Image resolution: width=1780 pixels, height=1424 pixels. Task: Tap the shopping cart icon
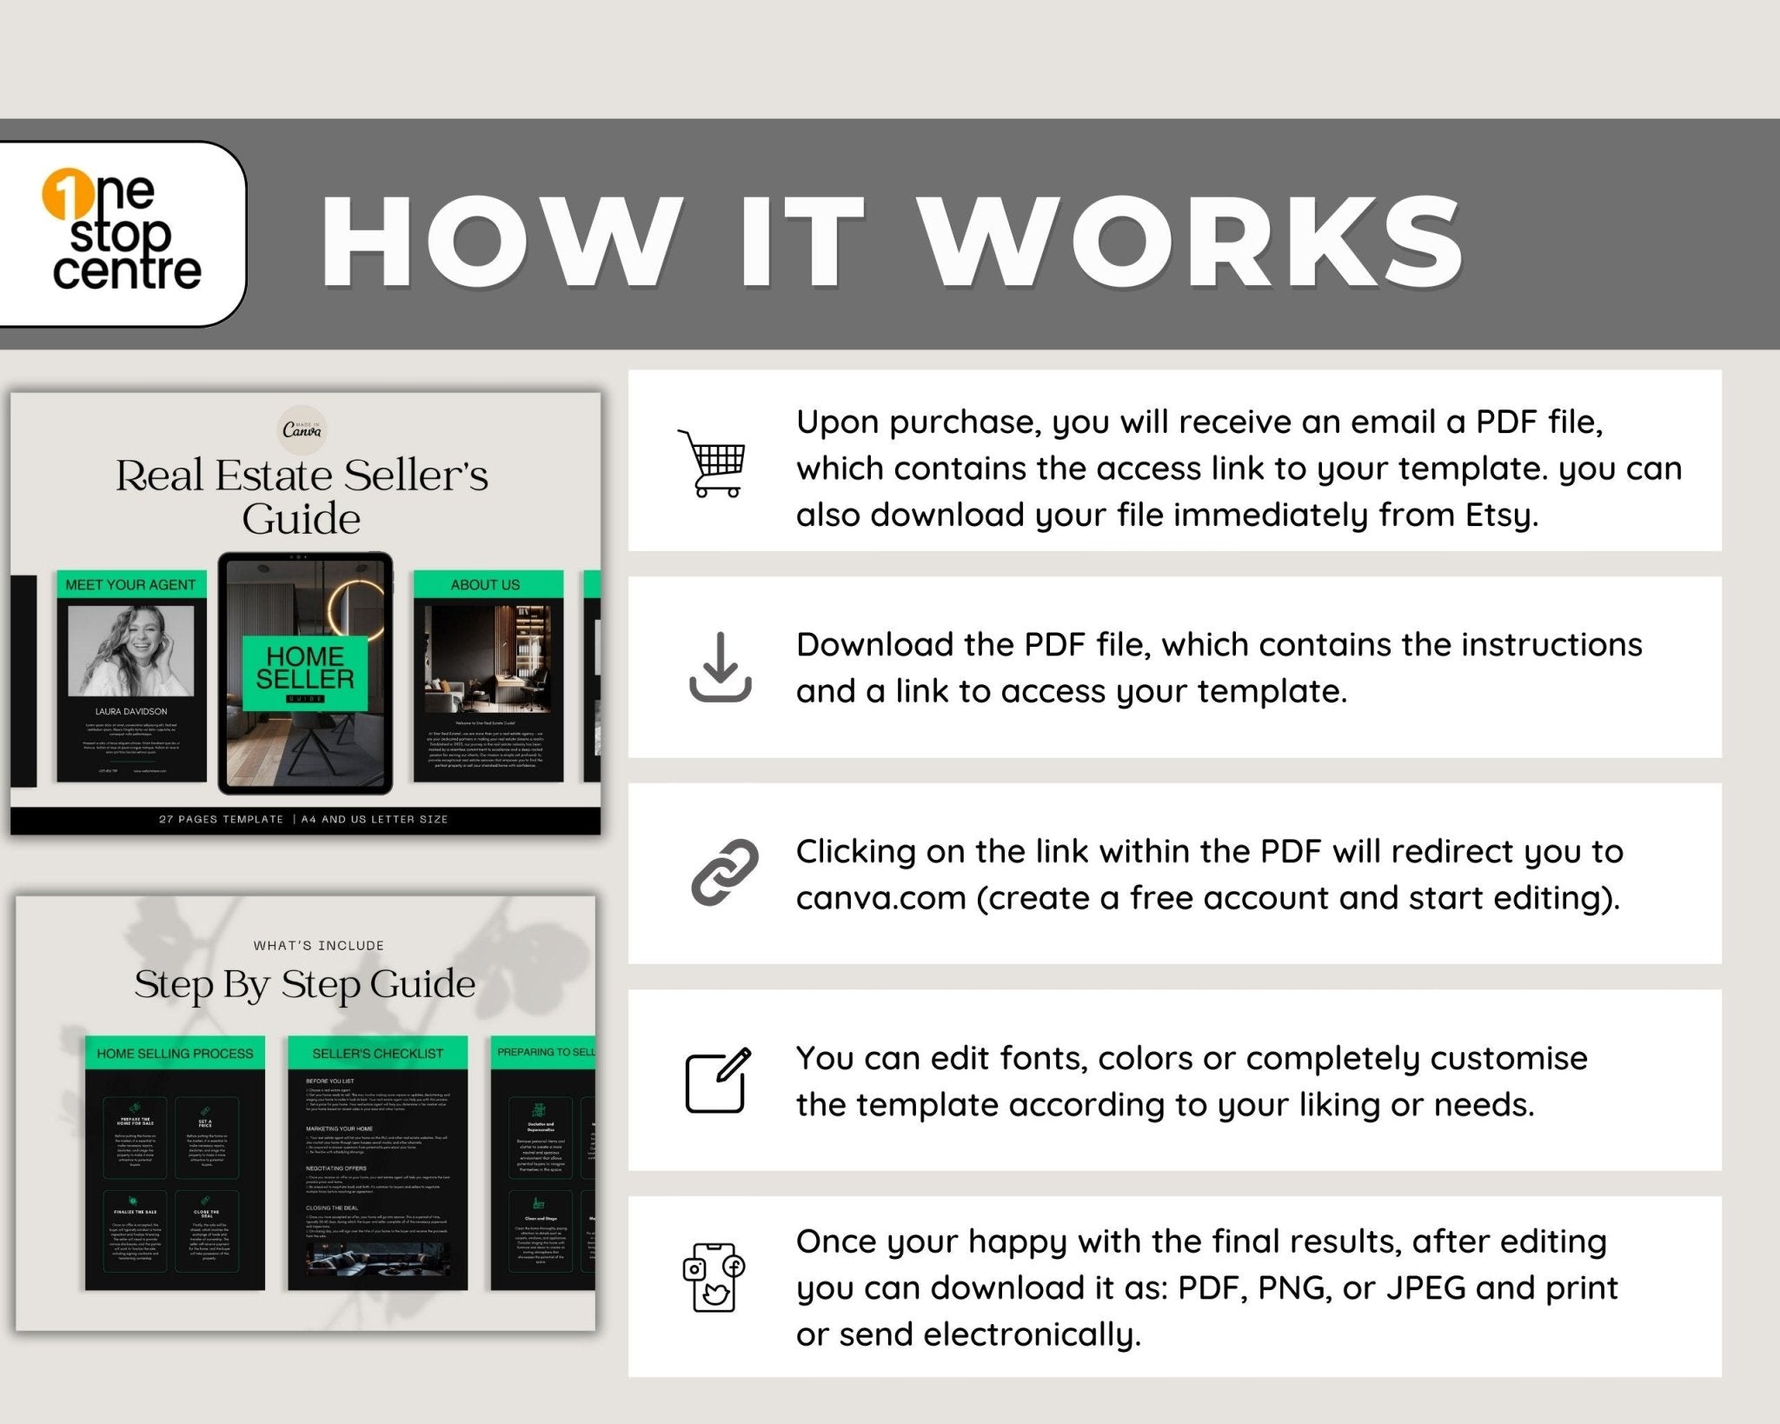pos(714,463)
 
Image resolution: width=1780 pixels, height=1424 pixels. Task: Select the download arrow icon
pos(720,668)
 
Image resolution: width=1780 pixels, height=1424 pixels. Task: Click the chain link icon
pos(723,873)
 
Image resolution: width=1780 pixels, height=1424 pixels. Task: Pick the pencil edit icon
pos(719,1080)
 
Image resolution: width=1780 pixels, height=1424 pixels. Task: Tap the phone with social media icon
pos(714,1277)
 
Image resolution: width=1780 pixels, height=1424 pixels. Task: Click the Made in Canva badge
pos(302,429)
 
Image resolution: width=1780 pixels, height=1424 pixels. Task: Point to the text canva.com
pos(880,898)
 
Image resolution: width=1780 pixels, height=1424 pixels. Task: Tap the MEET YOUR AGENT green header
pos(131,585)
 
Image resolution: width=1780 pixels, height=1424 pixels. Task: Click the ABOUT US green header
pos(485,585)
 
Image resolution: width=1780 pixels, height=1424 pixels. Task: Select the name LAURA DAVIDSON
pos(131,711)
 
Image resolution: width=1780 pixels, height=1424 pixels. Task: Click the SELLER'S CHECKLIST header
pos(377,1054)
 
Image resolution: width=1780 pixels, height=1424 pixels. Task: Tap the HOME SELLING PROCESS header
pos(175,1054)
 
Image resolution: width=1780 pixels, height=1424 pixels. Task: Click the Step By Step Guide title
pos(305,985)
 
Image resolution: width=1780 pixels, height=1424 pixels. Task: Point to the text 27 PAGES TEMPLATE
pos(221,819)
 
